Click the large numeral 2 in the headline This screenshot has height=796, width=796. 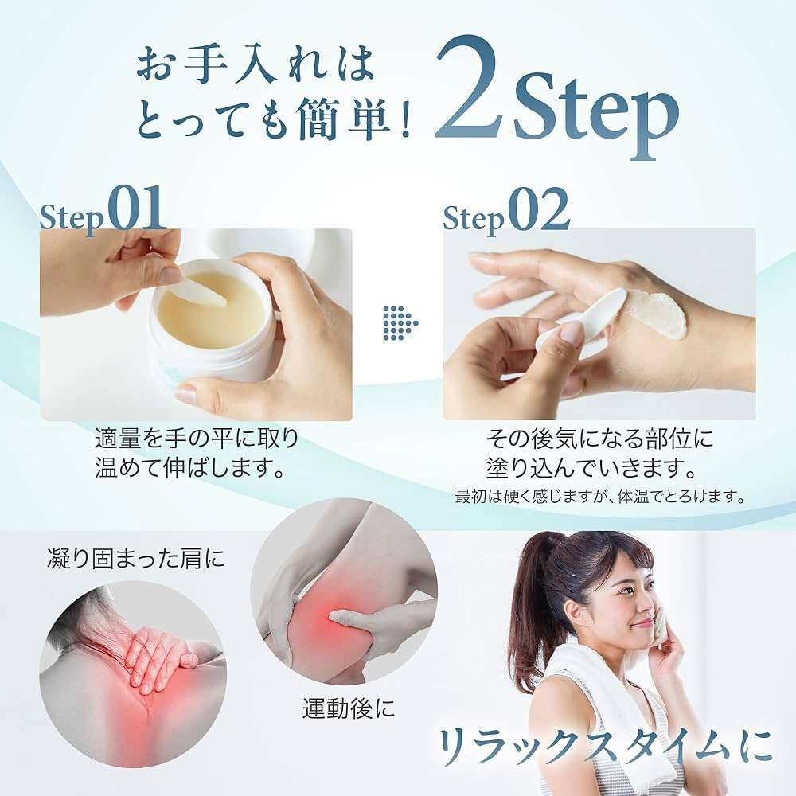tap(470, 89)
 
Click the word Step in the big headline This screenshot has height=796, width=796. tap(596, 113)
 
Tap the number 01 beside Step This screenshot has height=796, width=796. tap(138, 208)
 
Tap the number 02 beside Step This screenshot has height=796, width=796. tap(539, 209)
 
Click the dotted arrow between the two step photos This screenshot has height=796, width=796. tap(400, 323)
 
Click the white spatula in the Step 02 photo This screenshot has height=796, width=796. tap(579, 318)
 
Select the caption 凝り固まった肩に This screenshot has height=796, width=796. tap(135, 559)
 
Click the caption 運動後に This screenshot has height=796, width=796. tap(349, 708)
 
